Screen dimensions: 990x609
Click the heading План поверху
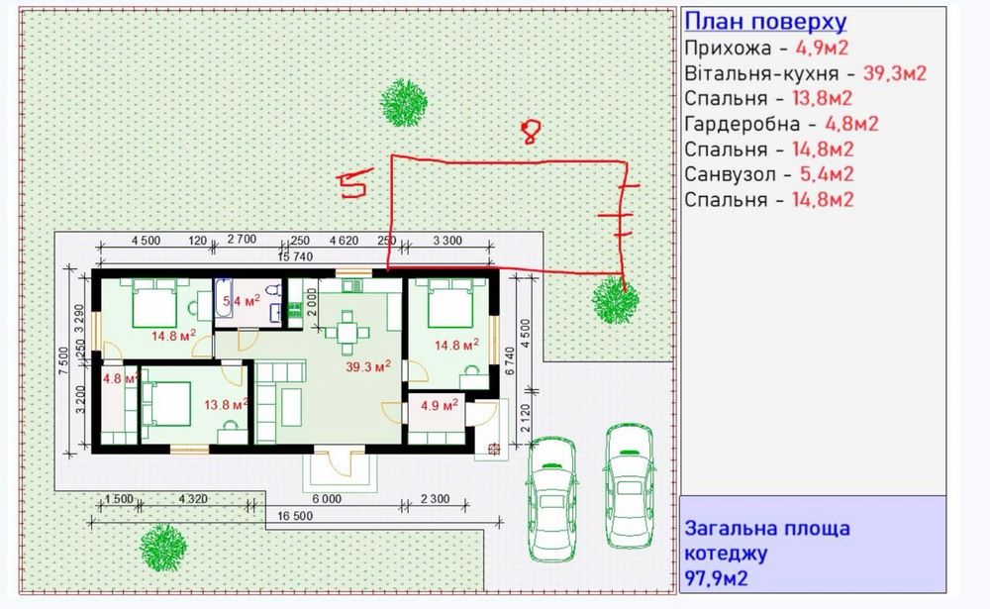[765, 22]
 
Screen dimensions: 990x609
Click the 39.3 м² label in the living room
[368, 366]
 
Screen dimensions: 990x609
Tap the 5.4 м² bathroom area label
[242, 301]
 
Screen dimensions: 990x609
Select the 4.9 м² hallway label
[440, 405]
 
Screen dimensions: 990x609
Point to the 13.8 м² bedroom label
[226, 404]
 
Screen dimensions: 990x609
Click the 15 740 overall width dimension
[295, 256]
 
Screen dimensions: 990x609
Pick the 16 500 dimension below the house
[295, 516]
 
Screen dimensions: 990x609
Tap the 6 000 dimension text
[327, 499]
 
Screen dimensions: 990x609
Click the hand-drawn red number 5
[354, 183]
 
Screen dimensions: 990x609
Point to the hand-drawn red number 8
[531, 132]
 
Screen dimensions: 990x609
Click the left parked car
[552, 499]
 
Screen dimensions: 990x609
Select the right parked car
[629, 485]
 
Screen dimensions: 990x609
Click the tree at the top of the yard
[404, 102]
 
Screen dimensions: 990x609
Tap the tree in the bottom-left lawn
[163, 548]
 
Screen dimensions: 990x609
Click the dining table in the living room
[346, 332]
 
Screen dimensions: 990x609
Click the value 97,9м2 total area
[717, 578]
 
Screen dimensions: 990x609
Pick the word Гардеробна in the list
[742, 124]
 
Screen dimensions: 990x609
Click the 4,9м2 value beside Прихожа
[822, 48]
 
